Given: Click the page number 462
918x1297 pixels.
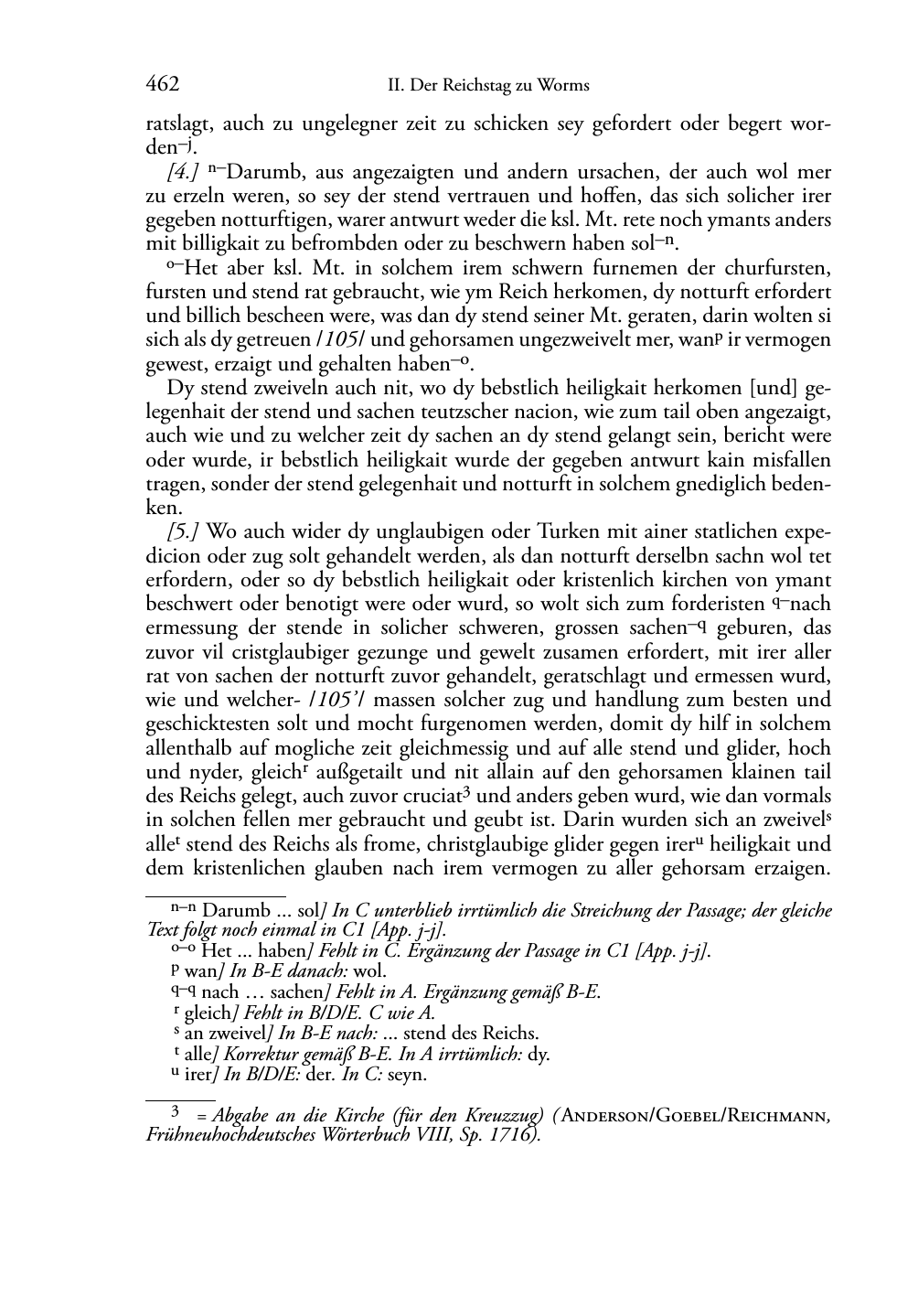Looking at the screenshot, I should pos(162,85).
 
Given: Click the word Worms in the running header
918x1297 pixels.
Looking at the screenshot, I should pos(563,86).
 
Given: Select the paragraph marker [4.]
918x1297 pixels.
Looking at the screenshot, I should pos(183,172).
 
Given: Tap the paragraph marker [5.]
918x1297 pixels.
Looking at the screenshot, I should pos(183,531).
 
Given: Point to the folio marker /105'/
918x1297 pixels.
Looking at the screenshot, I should pos(365,700).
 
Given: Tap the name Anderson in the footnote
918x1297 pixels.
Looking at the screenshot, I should pos(608,1116).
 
